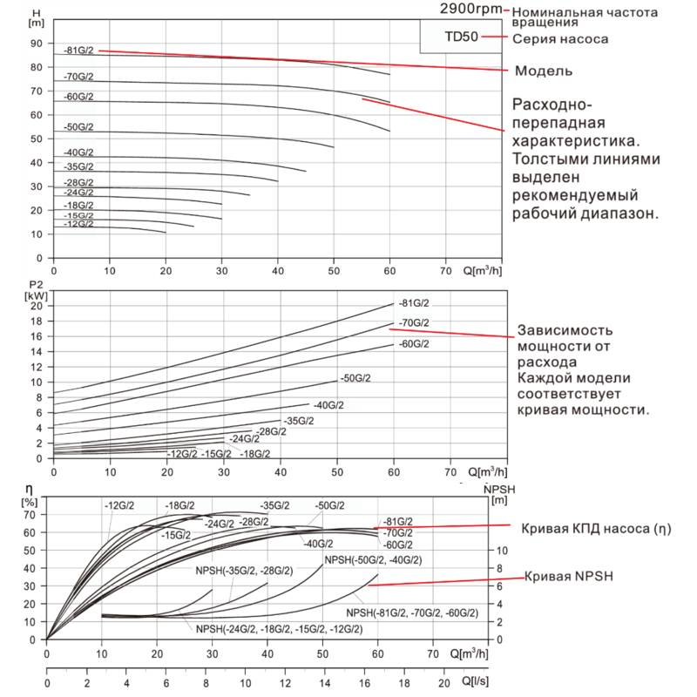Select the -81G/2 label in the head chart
point(78,51)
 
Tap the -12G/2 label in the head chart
point(78,224)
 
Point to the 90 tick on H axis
point(37,43)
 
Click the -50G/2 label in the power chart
point(355,378)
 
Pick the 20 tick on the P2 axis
point(37,306)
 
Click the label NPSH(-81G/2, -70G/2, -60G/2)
point(412,613)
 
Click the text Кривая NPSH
point(567,578)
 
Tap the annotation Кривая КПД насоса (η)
point(597,529)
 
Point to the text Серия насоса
point(559,39)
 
